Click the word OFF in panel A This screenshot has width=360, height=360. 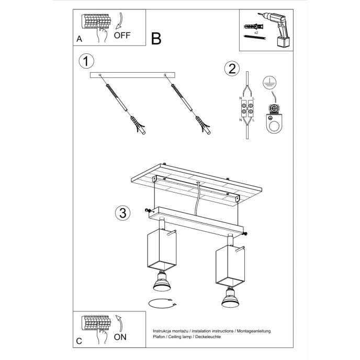pyautogui.click(x=122, y=36)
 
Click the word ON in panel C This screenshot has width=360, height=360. pyautogui.click(x=120, y=337)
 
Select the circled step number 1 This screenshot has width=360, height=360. pyautogui.click(x=86, y=61)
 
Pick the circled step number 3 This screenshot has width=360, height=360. pyautogui.click(x=122, y=212)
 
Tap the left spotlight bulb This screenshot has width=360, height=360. pyautogui.click(x=161, y=282)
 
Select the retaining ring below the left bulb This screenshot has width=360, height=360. pyautogui.click(x=161, y=304)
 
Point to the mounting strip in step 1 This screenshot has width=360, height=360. pyautogui.click(x=133, y=76)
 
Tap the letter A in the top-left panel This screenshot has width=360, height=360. pyautogui.click(x=79, y=39)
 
